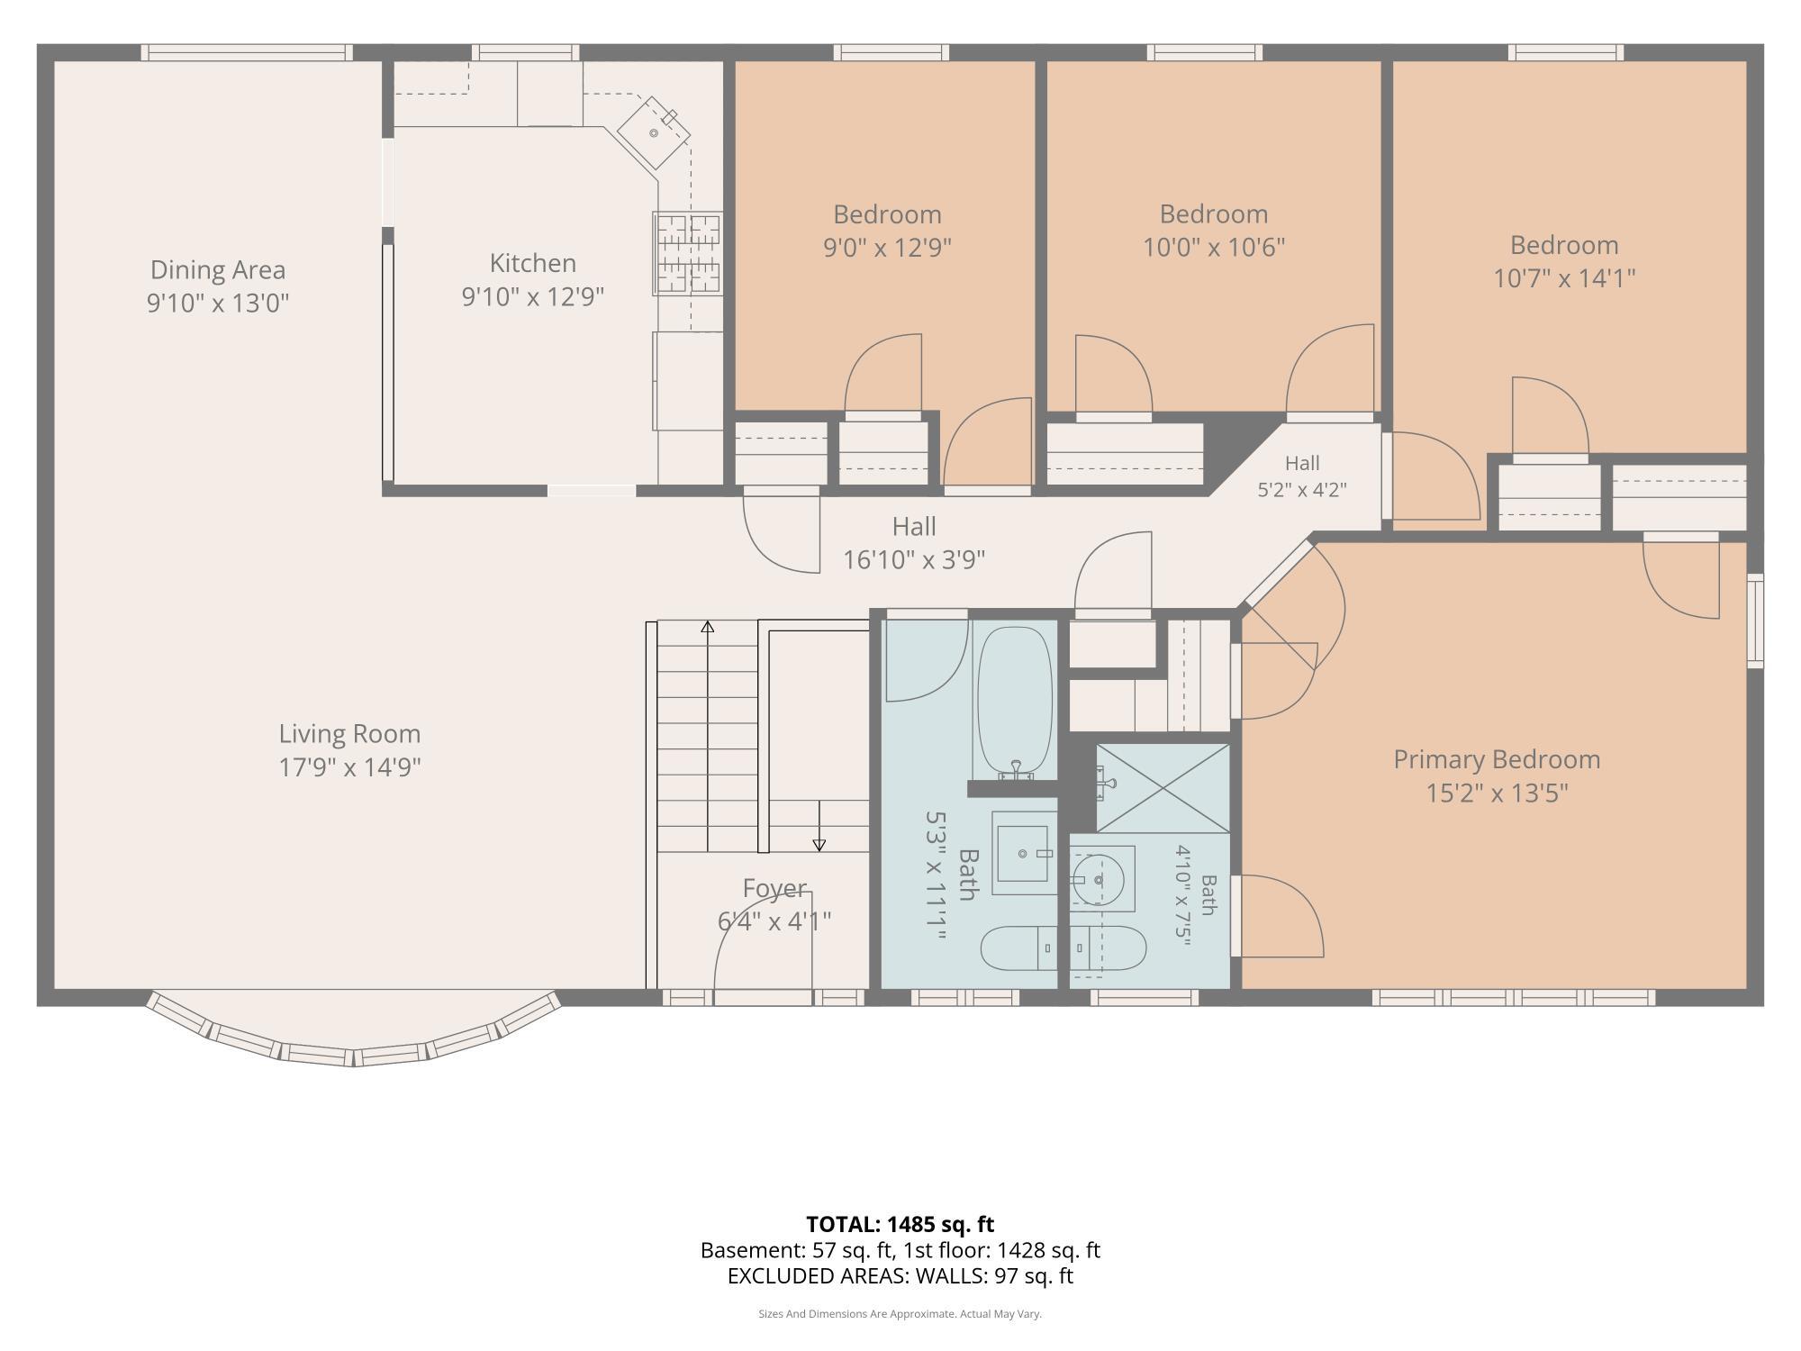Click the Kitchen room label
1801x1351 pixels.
(532, 263)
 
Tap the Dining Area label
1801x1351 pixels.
(218, 269)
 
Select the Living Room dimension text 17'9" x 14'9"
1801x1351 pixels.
(350, 767)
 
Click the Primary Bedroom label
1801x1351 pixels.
(1497, 759)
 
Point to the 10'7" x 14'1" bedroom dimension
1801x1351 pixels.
(1564, 278)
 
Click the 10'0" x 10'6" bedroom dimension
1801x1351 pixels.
(1214, 247)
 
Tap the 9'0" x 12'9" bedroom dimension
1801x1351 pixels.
(887, 247)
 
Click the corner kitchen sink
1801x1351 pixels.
(654, 132)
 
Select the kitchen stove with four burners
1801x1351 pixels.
(688, 254)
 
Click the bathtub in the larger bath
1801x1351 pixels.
(1015, 703)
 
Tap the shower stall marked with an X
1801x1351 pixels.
(1163, 788)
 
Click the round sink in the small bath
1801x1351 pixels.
(1099, 879)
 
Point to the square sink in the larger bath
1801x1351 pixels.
(1023, 853)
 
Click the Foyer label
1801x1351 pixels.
(774, 888)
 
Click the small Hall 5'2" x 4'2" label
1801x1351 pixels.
(1302, 476)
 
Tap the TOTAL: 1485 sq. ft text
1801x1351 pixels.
(900, 1224)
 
